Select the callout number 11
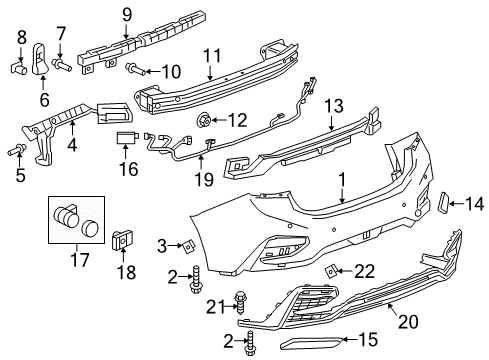coord(211,56)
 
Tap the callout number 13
coord(333,106)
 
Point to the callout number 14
coord(474,204)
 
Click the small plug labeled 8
coord(16,68)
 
